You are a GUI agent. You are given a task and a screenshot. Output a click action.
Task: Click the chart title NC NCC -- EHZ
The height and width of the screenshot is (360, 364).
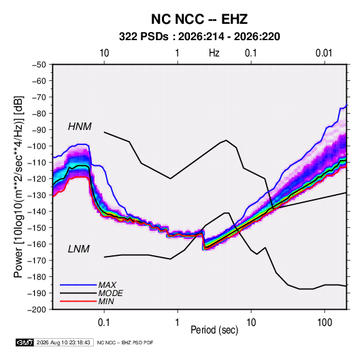point(199,19)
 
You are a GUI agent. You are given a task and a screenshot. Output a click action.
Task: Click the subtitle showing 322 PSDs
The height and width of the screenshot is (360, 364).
point(199,37)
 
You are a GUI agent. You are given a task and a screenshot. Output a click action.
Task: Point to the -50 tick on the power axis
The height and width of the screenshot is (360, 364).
point(39,65)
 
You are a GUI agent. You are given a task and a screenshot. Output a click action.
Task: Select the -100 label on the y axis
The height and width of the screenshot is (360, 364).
point(37,146)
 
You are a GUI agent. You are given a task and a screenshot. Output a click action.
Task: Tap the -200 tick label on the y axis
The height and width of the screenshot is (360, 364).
point(37,310)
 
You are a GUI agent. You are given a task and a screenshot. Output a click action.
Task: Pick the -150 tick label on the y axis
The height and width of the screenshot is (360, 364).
point(37,228)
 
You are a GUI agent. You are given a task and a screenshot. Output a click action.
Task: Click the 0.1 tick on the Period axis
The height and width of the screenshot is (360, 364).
point(104,323)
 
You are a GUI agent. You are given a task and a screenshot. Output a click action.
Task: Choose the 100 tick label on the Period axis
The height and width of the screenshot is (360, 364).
point(325,323)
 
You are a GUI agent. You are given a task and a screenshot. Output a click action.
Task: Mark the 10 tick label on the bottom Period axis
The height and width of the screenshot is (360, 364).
point(251,323)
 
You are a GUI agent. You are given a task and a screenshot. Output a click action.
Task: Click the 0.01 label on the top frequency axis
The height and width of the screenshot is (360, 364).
point(324,53)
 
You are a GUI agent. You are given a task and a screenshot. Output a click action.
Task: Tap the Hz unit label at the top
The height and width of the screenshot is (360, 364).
point(214,53)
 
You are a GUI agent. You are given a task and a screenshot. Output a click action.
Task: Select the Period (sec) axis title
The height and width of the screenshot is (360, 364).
point(214,330)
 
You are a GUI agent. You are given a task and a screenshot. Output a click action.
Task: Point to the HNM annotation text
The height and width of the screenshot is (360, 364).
point(80,127)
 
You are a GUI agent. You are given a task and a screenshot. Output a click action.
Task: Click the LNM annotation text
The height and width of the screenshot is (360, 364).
point(79,249)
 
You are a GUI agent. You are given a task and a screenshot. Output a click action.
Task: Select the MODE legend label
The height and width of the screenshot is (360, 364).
point(110,293)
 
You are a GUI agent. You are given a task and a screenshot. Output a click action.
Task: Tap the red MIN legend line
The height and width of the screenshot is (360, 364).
point(78,301)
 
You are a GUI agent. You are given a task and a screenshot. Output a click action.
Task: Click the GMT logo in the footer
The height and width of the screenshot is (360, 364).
point(25,342)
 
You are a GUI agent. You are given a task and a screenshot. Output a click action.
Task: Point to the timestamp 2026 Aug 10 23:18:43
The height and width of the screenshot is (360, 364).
point(63,342)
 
